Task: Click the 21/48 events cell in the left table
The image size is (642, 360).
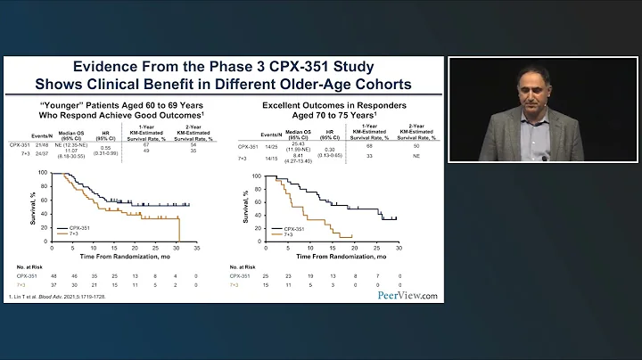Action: (42, 140)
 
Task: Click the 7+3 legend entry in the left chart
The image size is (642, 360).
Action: (75, 235)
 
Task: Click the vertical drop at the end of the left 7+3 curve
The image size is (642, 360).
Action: (180, 228)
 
